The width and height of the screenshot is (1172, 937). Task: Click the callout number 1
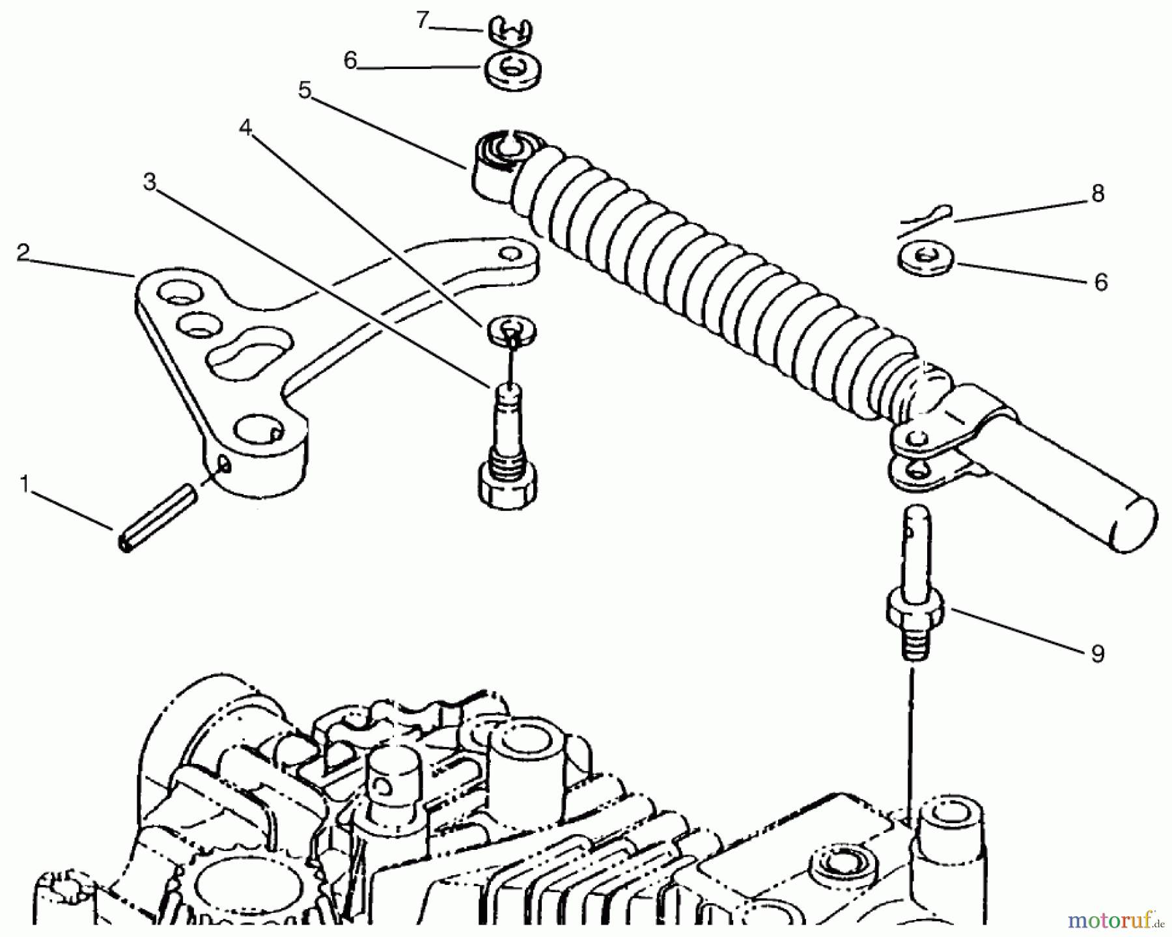pyautogui.click(x=25, y=485)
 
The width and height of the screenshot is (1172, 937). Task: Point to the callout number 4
pyautogui.click(x=245, y=128)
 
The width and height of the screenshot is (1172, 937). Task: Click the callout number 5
pyautogui.click(x=305, y=90)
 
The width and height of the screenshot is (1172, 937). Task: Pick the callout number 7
pyautogui.click(x=423, y=21)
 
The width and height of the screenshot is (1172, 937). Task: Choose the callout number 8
pyautogui.click(x=1098, y=193)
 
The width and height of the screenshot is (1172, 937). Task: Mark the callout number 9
pyautogui.click(x=1098, y=653)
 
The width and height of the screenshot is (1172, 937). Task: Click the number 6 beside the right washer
pyautogui.click(x=1100, y=282)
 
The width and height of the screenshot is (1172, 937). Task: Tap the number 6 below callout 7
pyautogui.click(x=350, y=61)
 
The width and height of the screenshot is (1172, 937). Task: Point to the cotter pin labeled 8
pyautogui.click(x=925, y=219)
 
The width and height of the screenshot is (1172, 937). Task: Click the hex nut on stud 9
pyautogui.click(x=916, y=610)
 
